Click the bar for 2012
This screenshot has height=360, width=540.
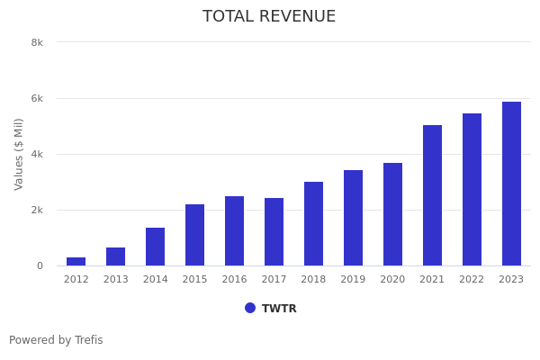tap(76, 262)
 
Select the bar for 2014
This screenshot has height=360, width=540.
tap(155, 247)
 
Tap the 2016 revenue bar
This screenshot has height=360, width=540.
tap(234, 231)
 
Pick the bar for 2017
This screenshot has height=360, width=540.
tap(274, 232)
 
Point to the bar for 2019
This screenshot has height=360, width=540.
tap(353, 218)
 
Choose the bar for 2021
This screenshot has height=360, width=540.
tap(432, 195)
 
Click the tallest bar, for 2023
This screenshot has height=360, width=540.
tap(511, 184)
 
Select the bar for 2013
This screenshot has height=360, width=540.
tap(115, 256)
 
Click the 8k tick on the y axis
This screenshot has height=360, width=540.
tap(37, 42)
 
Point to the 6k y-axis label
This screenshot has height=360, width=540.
tap(37, 98)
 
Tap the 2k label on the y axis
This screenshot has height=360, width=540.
tap(37, 210)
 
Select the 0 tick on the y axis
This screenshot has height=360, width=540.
tap(40, 265)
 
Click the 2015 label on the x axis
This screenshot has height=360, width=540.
tap(194, 280)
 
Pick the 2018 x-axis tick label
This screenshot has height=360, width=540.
tap(313, 280)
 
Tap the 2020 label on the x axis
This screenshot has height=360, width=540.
tap(392, 280)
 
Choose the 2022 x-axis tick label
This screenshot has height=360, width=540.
tap(472, 280)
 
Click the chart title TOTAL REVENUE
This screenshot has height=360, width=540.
tap(269, 17)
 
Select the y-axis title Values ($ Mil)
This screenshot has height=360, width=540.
tap(19, 154)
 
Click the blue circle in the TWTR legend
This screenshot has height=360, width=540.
tap(250, 308)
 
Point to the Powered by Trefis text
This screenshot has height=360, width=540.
tap(56, 340)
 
